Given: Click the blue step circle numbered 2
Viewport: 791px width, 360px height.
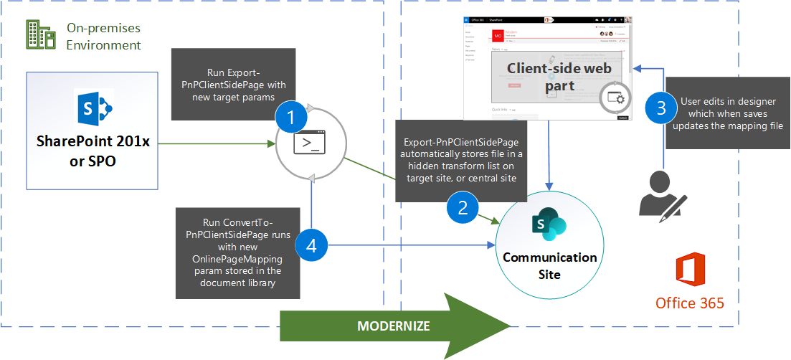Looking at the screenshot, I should pyautogui.click(x=463, y=208).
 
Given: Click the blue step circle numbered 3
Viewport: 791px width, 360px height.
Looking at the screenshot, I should pyautogui.click(x=661, y=108).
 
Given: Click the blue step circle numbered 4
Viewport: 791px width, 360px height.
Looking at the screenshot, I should pyautogui.click(x=311, y=245).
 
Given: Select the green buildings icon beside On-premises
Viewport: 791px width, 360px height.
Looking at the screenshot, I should pyautogui.click(x=41, y=35).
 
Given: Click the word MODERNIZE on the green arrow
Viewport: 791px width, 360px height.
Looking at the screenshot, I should pyautogui.click(x=394, y=326).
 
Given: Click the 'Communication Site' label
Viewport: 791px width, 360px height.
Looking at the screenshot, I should pyautogui.click(x=550, y=265).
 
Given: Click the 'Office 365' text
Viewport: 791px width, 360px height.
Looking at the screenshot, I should pyautogui.click(x=690, y=303).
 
